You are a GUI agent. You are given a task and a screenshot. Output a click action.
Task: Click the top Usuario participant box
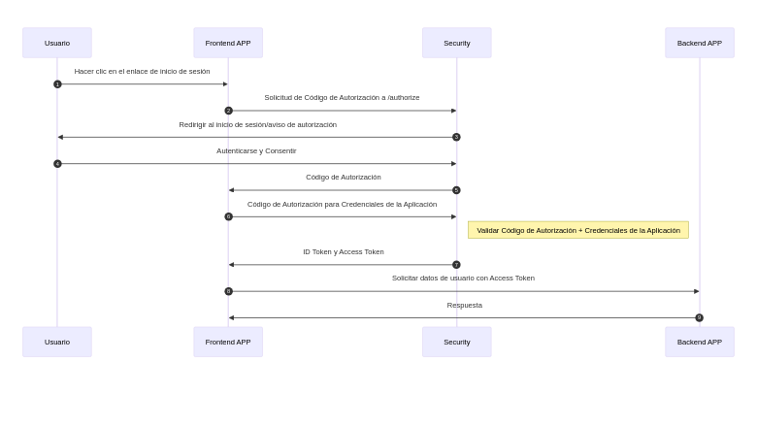(x=57, y=43)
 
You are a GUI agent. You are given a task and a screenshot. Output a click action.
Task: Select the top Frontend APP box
(x=228, y=43)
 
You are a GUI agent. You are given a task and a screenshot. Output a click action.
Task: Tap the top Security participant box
(x=456, y=43)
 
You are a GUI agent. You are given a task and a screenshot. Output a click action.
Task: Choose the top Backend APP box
(x=699, y=43)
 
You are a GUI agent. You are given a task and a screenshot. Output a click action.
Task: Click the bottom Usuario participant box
(x=57, y=342)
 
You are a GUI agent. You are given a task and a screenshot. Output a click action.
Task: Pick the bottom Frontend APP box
(x=228, y=342)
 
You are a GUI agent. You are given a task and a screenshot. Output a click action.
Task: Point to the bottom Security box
(x=456, y=342)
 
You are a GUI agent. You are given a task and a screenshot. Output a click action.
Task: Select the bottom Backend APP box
(x=699, y=342)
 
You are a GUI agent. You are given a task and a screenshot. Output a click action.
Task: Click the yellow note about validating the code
(x=577, y=230)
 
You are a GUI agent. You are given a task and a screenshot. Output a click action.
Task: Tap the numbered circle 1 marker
(x=57, y=84)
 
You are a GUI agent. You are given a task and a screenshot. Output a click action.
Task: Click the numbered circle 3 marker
(x=456, y=137)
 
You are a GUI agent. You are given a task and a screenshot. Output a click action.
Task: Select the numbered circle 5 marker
(x=456, y=190)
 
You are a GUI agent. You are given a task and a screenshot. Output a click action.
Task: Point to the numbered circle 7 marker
(x=456, y=264)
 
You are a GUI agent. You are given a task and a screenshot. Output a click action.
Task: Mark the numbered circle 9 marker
(x=699, y=317)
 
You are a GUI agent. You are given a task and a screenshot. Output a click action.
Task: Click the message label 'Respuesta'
(x=464, y=305)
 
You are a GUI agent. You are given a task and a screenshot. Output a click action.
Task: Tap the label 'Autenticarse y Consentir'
(x=256, y=150)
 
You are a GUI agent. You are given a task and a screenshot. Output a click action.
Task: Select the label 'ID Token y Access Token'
(x=343, y=251)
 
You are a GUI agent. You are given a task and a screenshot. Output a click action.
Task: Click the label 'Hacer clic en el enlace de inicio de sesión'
(x=142, y=71)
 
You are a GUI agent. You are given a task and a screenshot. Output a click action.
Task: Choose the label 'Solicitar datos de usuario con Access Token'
(x=463, y=278)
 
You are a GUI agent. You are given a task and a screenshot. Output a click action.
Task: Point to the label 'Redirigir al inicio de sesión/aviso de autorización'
(x=257, y=124)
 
